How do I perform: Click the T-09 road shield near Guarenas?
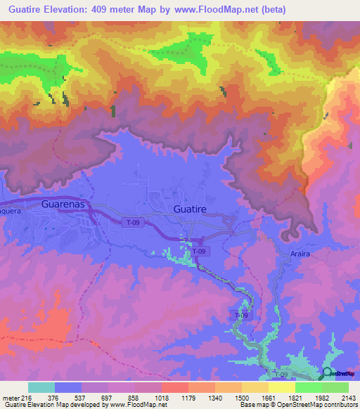click(135, 222)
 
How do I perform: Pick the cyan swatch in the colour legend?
click(41, 387)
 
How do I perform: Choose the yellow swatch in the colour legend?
click(281, 387)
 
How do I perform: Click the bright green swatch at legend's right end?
click(335, 387)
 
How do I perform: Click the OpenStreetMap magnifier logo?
click(326, 374)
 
